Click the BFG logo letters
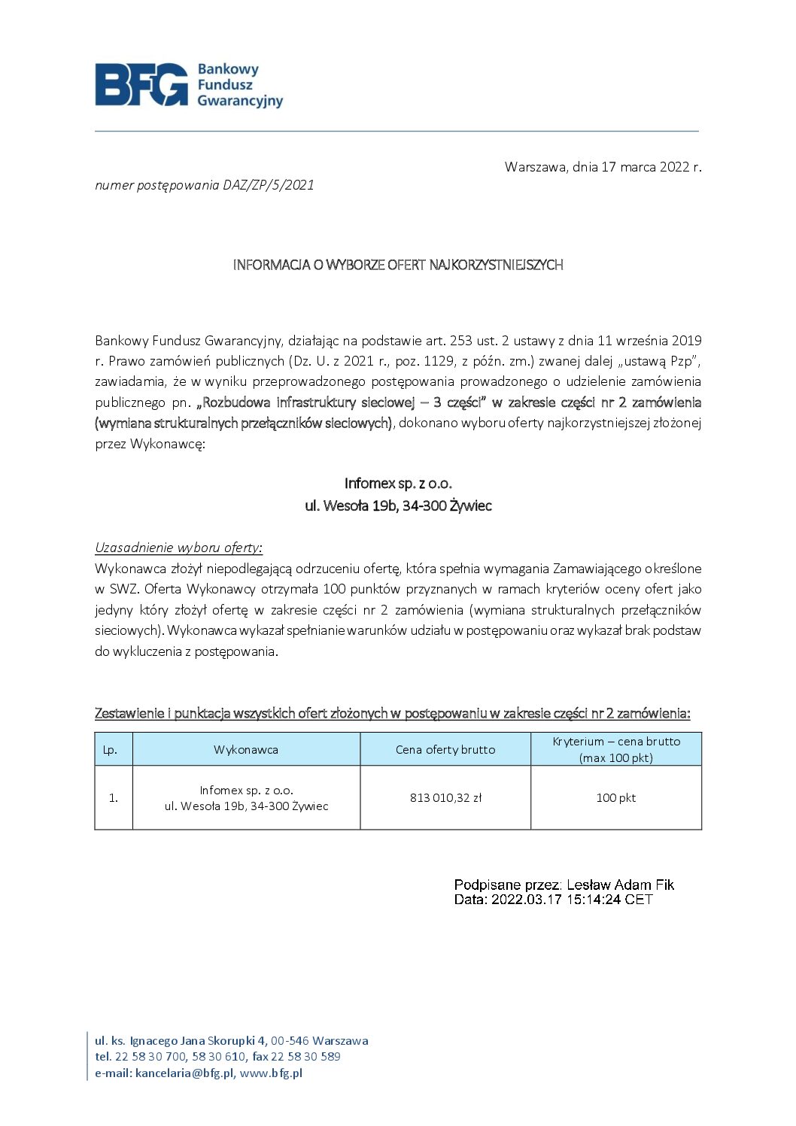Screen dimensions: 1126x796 click(141, 84)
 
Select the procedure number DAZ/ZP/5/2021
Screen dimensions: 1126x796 click(269, 185)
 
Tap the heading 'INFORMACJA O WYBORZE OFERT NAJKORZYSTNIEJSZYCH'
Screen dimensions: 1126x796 click(398, 265)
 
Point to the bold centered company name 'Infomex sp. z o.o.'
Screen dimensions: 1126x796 click(398, 483)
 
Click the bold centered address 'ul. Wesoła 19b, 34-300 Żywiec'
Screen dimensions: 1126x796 click(398, 505)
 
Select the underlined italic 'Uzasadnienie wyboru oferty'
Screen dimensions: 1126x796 click(178, 548)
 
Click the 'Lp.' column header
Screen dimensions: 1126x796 click(111, 750)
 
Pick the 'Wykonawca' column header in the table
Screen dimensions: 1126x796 click(246, 750)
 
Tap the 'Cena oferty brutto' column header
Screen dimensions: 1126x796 click(445, 750)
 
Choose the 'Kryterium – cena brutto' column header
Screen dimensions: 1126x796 click(616, 742)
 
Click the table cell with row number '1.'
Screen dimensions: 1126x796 click(114, 798)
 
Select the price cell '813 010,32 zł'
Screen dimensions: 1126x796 click(445, 798)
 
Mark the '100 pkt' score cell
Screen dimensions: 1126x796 click(616, 798)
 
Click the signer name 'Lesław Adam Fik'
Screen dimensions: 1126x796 click(620, 885)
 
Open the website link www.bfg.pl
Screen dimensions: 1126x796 click(271, 1073)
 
